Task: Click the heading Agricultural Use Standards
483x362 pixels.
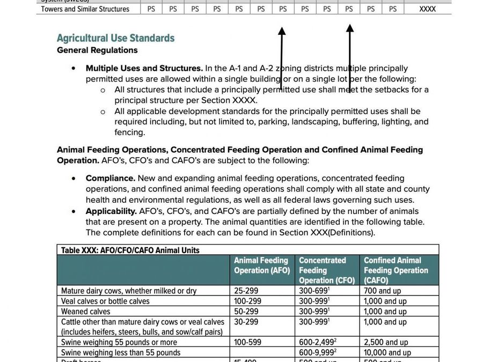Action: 115,38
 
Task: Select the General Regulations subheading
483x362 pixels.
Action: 97,50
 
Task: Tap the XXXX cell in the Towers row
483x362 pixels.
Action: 427,9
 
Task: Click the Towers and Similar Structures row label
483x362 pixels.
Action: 85,9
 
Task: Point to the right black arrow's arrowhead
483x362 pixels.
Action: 349,28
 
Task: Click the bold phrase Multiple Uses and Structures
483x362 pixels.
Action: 144,69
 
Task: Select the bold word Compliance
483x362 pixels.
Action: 111,178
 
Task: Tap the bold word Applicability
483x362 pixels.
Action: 111,211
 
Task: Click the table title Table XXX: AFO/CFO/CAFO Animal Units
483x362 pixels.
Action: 130,250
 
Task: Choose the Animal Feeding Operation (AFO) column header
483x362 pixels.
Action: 262,265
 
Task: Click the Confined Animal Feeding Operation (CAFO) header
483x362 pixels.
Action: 396,270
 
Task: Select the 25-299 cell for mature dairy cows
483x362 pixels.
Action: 246,291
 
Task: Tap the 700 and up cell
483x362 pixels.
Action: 382,291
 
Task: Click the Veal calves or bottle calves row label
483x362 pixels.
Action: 105,301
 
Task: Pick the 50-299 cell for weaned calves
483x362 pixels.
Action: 246,312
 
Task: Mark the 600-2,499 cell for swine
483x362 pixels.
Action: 317,342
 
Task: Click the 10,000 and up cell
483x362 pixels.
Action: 387,352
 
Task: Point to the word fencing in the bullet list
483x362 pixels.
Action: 129,132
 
